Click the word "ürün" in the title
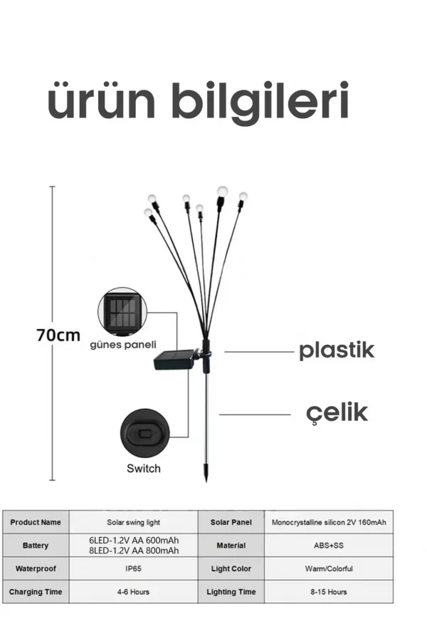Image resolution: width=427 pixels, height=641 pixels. pyautogui.click(x=101, y=100)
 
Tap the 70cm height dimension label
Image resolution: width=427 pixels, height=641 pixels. pyautogui.click(x=58, y=335)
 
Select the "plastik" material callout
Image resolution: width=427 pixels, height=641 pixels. pyautogui.click(x=337, y=350)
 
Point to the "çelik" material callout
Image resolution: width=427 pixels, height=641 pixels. pyautogui.click(x=337, y=413)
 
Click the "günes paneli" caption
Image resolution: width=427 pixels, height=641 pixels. pyautogui.click(x=123, y=345)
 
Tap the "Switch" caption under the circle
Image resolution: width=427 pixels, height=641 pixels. pyautogui.click(x=144, y=469)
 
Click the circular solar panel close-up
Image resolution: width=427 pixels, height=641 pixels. pyautogui.click(x=122, y=312)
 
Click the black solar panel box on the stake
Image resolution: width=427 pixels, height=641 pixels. pyautogui.click(x=175, y=360)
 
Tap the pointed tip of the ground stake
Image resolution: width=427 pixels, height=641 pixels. pyautogui.click(x=206, y=481)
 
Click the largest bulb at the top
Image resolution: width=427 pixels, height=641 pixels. pyautogui.click(x=222, y=191)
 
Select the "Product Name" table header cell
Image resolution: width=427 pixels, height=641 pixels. pyautogui.click(x=36, y=522)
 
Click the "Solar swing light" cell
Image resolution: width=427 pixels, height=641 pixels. pyautogui.click(x=134, y=522)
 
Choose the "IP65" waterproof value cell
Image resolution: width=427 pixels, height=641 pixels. pyautogui.click(x=134, y=568)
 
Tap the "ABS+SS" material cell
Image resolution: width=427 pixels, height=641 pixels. pyautogui.click(x=329, y=546)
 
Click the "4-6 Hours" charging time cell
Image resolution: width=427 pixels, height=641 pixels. pyautogui.click(x=134, y=592)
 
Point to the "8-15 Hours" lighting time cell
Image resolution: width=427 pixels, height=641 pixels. pyautogui.click(x=329, y=592)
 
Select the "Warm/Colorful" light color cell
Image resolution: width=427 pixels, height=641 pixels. pyautogui.click(x=329, y=568)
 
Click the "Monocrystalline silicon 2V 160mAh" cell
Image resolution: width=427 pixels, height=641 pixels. pyautogui.click(x=329, y=522)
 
